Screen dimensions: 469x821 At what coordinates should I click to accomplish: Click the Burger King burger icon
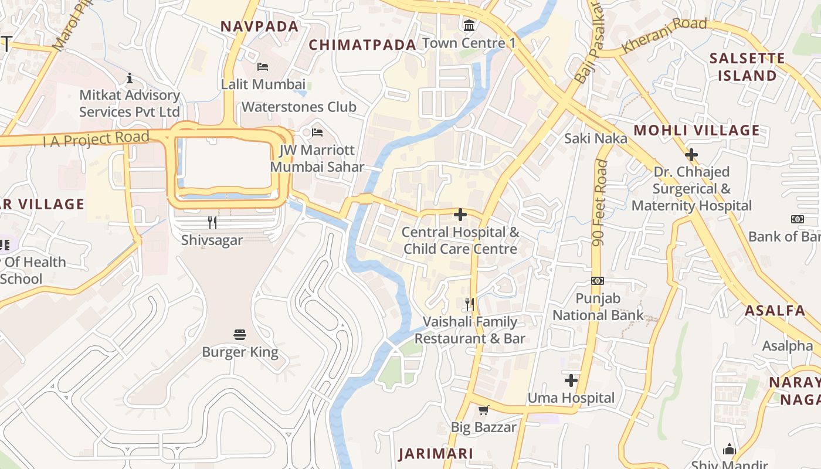pos(239,335)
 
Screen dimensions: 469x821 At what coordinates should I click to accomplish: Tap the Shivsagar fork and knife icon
pos(212,222)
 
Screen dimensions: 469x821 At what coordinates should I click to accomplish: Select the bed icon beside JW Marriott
pos(317,132)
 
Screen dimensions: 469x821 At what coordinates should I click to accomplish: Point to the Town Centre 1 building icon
pos(469,25)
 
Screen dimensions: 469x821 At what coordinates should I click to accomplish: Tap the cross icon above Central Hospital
pos(460,215)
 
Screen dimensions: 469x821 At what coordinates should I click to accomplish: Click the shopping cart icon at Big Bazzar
pos(483,410)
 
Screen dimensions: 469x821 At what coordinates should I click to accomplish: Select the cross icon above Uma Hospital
pos(571,380)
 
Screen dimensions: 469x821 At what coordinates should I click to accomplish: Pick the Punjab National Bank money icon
pos(598,281)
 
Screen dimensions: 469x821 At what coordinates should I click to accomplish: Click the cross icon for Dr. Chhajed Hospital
pos(691,155)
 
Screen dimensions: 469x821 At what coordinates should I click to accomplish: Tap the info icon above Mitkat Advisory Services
pos(130,78)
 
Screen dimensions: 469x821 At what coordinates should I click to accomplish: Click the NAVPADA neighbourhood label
pos(260,26)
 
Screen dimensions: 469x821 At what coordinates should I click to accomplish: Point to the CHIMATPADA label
pos(362,45)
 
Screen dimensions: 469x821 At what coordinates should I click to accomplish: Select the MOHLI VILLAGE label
pos(697,130)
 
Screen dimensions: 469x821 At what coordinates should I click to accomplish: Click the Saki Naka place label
pos(595,138)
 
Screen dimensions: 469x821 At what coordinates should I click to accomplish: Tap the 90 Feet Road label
pos(600,202)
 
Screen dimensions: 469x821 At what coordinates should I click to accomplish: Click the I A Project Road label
pos(96,140)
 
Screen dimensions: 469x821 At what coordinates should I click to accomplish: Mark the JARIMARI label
pos(436,453)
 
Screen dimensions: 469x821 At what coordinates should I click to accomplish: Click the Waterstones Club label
pos(299,107)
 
